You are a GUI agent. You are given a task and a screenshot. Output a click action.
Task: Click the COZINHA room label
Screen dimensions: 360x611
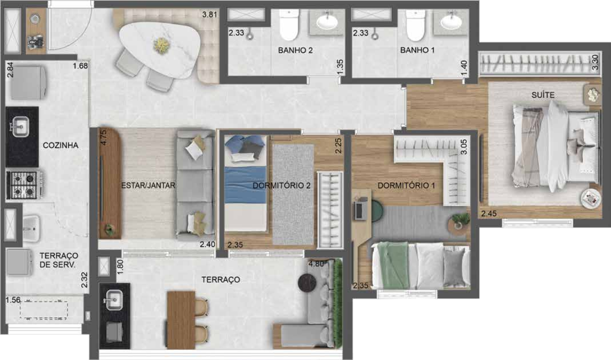(61, 145)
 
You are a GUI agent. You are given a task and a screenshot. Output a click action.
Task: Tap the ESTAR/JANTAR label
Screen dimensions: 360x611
(148, 185)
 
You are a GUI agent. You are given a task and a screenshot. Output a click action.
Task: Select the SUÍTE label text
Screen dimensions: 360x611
(544, 95)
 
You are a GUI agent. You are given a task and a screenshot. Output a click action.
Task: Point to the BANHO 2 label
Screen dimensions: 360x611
(295, 51)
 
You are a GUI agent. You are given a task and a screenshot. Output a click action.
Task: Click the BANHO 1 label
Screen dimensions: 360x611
(418, 51)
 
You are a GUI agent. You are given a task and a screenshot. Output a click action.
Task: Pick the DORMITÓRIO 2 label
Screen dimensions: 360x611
(282, 185)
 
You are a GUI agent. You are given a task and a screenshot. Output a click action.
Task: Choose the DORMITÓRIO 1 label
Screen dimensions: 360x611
(406, 186)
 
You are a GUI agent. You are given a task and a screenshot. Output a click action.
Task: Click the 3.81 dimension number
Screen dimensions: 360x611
(209, 15)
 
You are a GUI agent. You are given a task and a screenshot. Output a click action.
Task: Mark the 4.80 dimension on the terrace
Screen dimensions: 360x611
(317, 263)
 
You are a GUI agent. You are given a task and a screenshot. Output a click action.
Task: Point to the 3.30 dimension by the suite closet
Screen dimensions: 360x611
(595, 63)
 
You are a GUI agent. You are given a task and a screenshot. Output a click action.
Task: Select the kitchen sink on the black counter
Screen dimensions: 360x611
(21, 126)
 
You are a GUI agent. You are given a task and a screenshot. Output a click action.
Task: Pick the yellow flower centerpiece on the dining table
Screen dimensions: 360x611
(161, 44)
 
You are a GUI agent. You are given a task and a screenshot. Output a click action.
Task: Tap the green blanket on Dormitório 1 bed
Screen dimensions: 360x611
(395, 263)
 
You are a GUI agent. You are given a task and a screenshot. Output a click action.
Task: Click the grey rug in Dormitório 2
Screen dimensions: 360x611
(293, 194)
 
